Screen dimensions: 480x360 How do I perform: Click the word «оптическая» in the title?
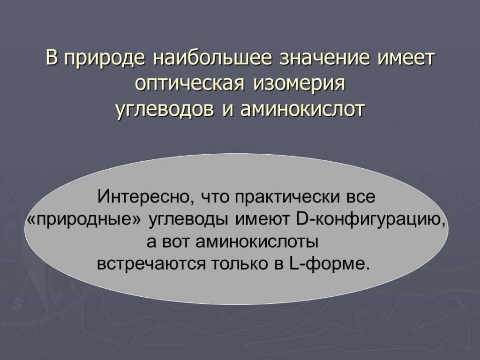tap(190, 84)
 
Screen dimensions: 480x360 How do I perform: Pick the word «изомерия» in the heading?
tap(299, 84)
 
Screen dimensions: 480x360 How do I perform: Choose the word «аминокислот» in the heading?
tap(303, 109)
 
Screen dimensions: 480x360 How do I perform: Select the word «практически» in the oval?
tap(288, 197)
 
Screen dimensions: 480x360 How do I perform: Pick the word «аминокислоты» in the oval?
tap(256, 242)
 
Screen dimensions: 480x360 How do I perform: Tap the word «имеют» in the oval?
tap(262, 220)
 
